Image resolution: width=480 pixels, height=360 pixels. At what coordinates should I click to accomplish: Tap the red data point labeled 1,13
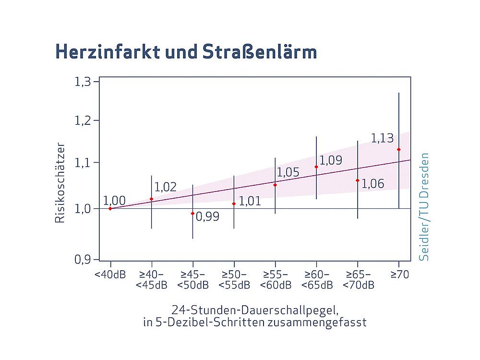tap(399, 149)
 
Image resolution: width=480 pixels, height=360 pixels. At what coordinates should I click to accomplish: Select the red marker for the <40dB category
tap(110, 208)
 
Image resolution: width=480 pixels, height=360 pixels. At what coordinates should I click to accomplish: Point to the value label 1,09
tap(331, 160)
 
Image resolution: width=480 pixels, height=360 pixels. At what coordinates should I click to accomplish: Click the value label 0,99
tap(207, 216)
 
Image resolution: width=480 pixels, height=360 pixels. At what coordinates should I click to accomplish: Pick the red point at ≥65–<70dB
tap(358, 180)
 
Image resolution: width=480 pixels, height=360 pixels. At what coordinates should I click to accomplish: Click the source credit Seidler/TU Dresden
tap(424, 207)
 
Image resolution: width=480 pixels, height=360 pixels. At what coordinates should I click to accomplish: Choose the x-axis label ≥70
tap(399, 275)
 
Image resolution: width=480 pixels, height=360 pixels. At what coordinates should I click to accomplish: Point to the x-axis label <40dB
tap(110, 275)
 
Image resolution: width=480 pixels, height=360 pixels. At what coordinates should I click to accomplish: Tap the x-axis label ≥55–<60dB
tap(275, 280)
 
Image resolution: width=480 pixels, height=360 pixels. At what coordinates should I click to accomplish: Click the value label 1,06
tap(372, 183)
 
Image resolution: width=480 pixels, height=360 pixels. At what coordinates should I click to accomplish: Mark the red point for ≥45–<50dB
tap(192, 213)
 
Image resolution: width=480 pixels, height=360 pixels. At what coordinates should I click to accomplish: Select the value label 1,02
tap(166, 187)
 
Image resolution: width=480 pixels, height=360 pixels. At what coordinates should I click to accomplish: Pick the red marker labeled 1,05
tap(275, 185)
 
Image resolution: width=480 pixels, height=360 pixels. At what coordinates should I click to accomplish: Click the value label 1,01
tap(250, 201)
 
